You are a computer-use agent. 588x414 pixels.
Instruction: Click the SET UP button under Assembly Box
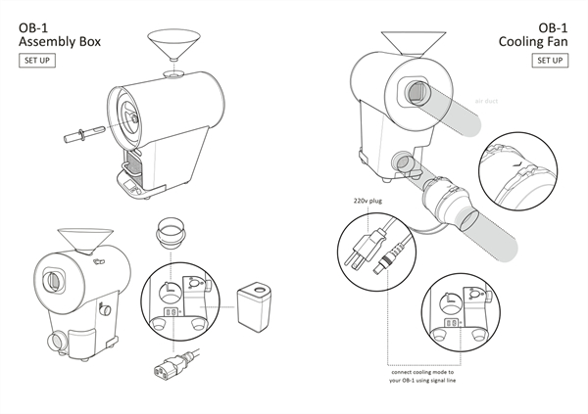point(37,61)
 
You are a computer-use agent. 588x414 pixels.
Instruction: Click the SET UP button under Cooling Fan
point(550,61)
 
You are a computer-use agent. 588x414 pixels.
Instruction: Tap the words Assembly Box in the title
point(60,42)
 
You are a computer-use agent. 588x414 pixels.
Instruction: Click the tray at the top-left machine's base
point(131,181)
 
